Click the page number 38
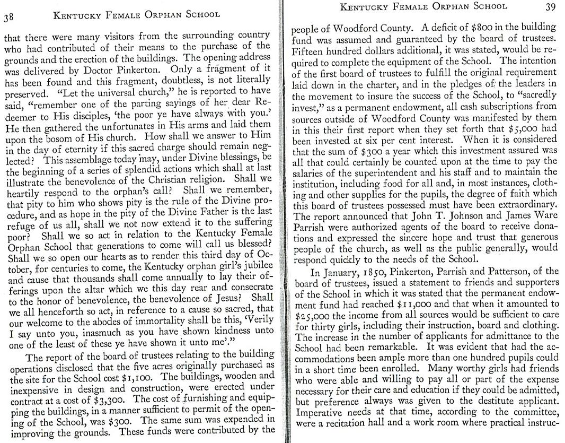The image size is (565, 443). pos(9,17)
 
